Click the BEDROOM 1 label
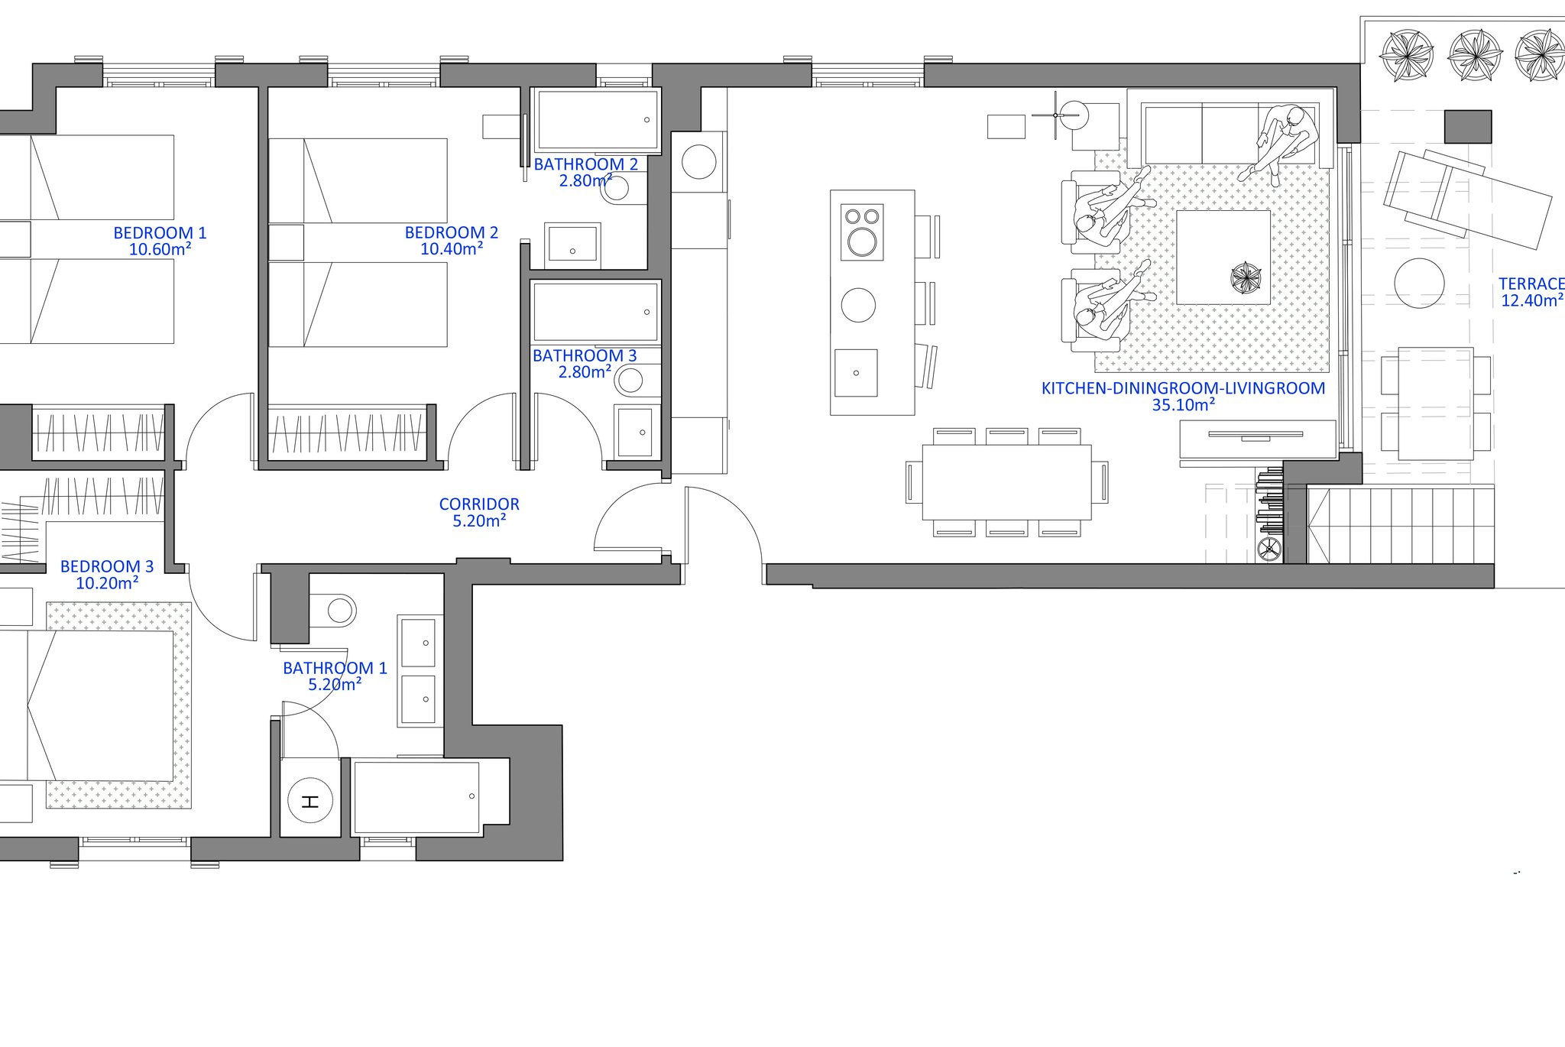point(160,233)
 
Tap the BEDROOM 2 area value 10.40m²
point(452,249)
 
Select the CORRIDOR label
point(479,504)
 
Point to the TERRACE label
point(1531,284)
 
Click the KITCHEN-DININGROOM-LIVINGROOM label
point(1183,388)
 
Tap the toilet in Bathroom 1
point(336,611)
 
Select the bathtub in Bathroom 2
point(595,120)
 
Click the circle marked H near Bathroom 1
point(309,802)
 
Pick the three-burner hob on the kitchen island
point(862,232)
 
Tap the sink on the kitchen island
point(856,373)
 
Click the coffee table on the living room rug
point(1223,258)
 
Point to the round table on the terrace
point(1419,284)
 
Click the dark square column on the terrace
point(1468,127)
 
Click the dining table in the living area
point(1007,482)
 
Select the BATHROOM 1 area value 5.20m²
point(335,685)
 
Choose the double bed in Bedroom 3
point(99,705)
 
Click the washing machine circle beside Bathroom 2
point(698,162)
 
